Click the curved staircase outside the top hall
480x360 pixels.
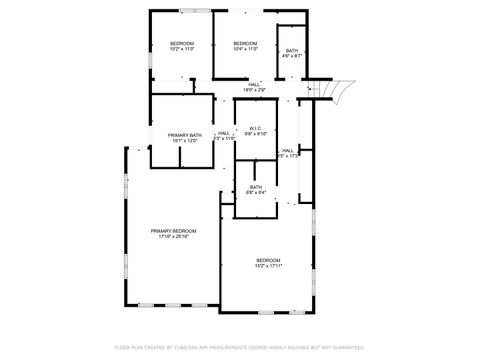coord(337,90)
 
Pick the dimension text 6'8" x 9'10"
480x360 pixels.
coord(254,133)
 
